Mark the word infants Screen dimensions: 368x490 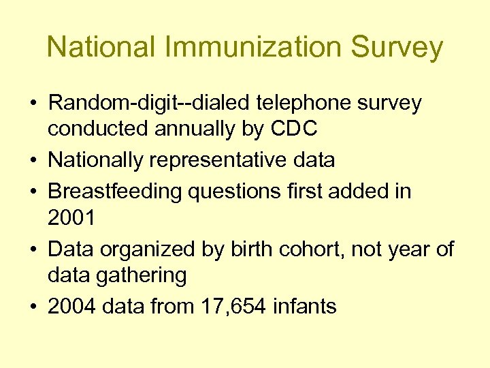coord(304,307)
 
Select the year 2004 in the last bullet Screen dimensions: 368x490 coord(71,307)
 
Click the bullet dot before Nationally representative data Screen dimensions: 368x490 coord(33,161)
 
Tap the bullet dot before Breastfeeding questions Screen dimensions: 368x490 coord(33,192)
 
